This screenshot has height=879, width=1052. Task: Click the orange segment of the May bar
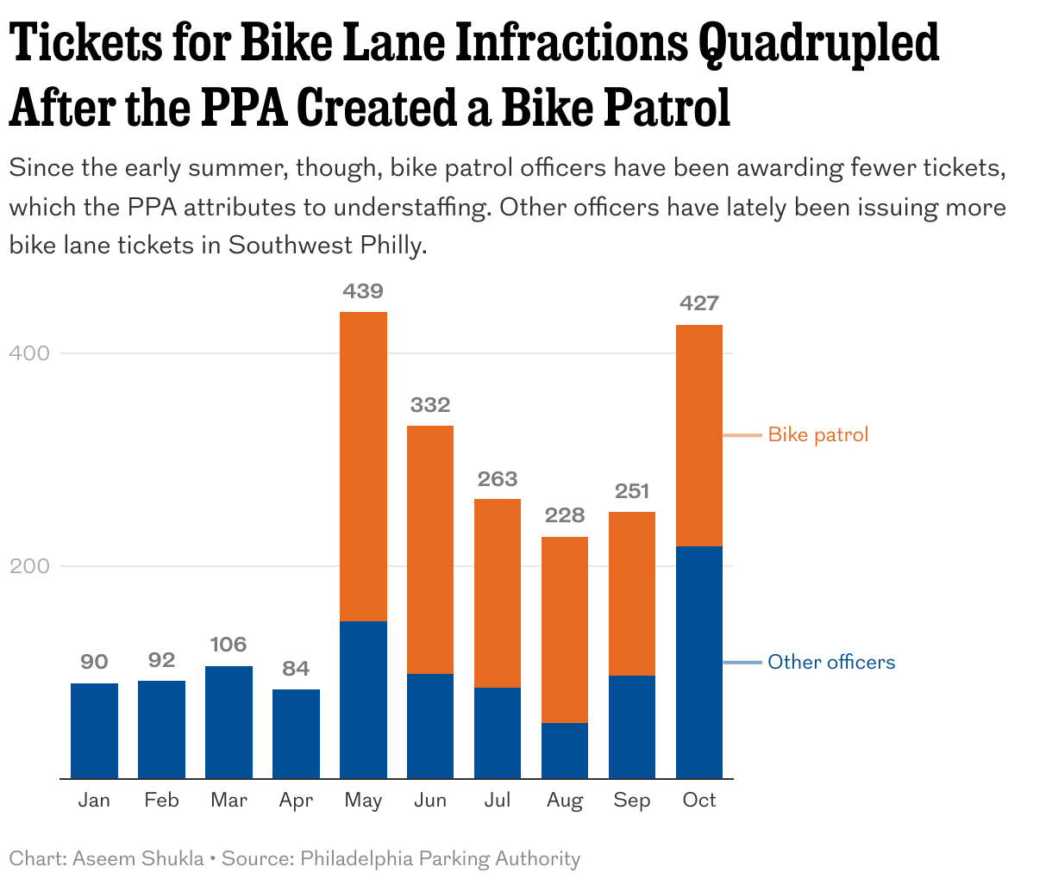pos(363,465)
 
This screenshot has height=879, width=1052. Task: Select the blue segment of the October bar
pos(699,662)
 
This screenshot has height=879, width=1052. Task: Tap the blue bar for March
pos(229,722)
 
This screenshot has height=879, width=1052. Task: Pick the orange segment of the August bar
pos(565,629)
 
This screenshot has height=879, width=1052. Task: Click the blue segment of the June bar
pos(430,726)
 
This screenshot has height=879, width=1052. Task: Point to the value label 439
pos(363,291)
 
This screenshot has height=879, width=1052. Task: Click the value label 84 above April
pos(296,669)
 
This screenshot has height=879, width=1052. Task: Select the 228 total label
pos(565,515)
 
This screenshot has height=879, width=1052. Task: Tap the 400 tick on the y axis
pos(29,353)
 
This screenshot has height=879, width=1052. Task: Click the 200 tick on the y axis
pos(29,566)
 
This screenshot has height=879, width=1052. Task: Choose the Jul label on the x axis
pos(498,801)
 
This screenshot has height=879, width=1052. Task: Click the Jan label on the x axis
pos(94,801)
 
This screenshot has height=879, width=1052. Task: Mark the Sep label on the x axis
pos(632,801)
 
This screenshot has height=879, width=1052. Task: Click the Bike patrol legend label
pos(817,434)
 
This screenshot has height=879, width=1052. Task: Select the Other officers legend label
pos(831,662)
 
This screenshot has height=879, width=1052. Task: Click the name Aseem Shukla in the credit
pos(138,858)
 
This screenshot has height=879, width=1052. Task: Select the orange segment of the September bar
pos(632,593)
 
